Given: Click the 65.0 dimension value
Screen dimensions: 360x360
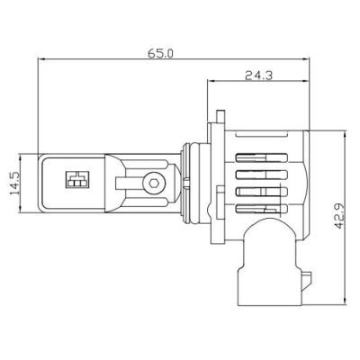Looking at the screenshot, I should click(x=162, y=54).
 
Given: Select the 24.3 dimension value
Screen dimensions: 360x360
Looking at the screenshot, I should click(x=258, y=76).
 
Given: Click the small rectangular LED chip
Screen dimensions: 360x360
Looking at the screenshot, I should click(x=75, y=179).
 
